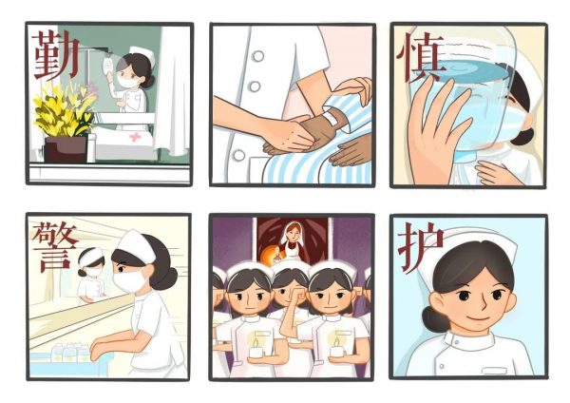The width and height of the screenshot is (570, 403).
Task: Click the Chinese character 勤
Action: coord(56,54)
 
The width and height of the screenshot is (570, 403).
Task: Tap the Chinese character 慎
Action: coord(420,58)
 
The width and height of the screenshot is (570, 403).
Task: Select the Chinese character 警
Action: coord(54,246)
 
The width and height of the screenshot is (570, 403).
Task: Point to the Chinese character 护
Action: coord(421,248)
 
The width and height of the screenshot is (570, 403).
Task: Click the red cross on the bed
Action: coord(135,137)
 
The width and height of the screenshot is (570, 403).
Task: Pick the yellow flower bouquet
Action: coord(64,109)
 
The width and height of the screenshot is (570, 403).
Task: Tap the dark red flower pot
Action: coord(66,149)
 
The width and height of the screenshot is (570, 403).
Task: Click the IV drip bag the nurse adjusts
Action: coord(108,66)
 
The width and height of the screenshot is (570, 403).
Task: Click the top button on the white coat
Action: coord(258,56)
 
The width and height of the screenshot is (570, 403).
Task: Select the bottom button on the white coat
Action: coord(238,155)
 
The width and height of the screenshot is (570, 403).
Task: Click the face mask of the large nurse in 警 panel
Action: coord(129,280)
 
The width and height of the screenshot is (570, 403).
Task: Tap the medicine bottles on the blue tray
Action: coord(70,353)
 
